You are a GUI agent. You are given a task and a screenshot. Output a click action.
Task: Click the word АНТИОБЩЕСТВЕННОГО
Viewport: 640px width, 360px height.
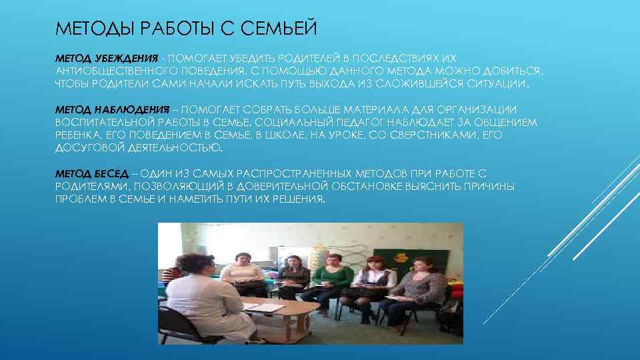112,71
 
